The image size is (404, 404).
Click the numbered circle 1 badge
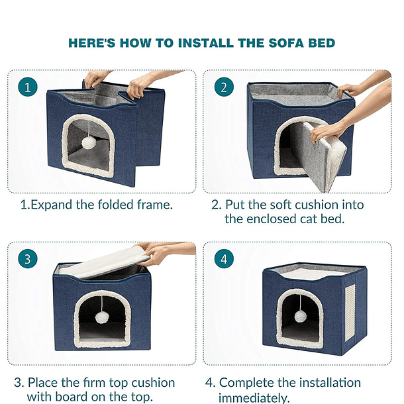pyautogui.click(x=27, y=87)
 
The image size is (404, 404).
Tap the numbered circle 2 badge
pyautogui.click(x=224, y=87)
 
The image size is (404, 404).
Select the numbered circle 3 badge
pyautogui.click(x=27, y=259)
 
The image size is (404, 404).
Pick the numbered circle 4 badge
pyautogui.click(x=224, y=259)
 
